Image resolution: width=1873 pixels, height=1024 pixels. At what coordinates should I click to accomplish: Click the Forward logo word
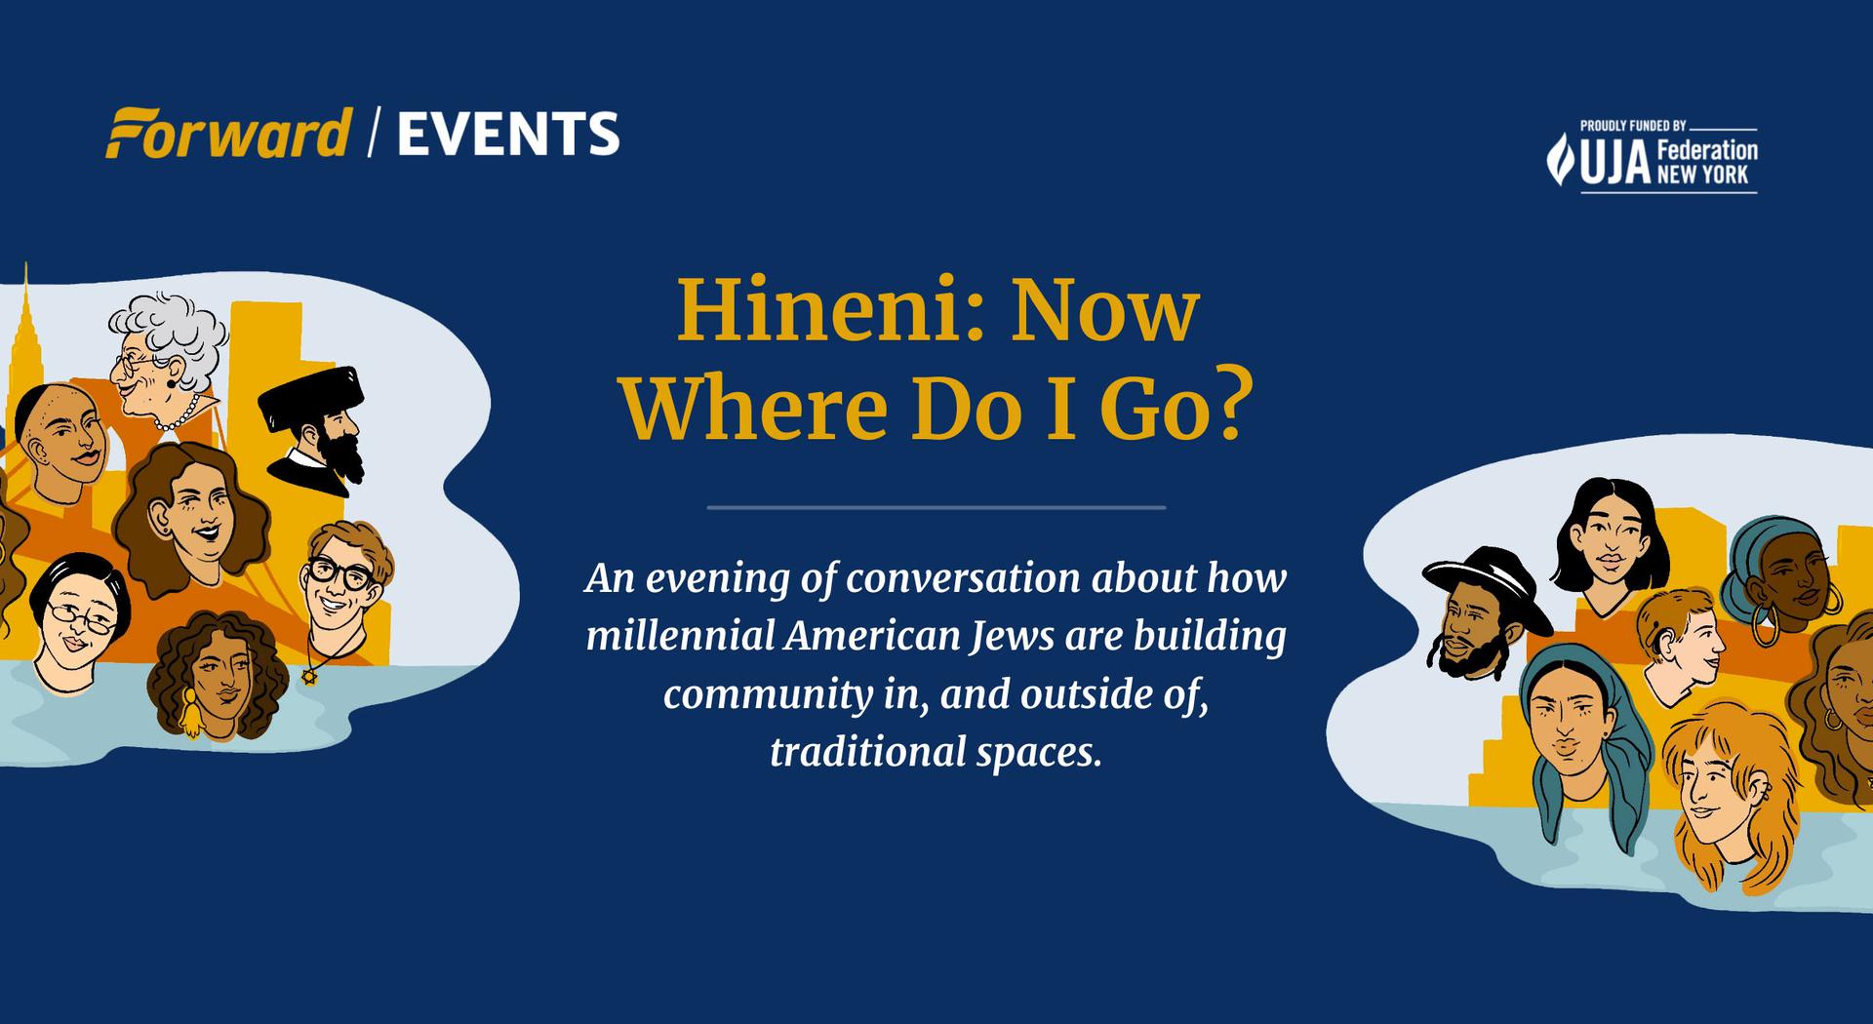(x=228, y=134)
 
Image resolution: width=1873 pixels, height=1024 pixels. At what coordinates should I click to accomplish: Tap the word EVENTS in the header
(x=508, y=135)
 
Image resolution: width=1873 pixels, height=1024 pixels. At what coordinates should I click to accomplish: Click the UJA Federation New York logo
(x=1653, y=158)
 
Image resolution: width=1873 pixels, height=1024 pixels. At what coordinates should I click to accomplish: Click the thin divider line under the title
(x=936, y=507)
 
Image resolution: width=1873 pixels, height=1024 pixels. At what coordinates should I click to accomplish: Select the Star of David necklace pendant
(x=310, y=675)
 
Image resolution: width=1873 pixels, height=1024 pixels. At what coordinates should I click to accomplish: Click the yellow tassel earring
(x=190, y=713)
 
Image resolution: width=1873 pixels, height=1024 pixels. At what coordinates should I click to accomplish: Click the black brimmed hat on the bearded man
(x=1486, y=584)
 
